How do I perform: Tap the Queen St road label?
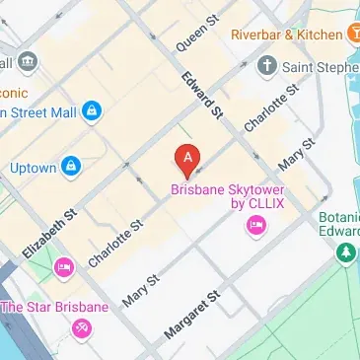coord(195,35)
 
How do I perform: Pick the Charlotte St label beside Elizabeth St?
coord(115,244)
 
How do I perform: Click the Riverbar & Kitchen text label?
coord(285,35)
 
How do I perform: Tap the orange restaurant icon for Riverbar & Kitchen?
coord(352,35)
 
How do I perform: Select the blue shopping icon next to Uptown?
coord(70,167)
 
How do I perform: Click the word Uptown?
coord(32,168)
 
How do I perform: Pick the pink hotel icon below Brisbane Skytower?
coord(255,228)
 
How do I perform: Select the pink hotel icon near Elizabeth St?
coord(63,266)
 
